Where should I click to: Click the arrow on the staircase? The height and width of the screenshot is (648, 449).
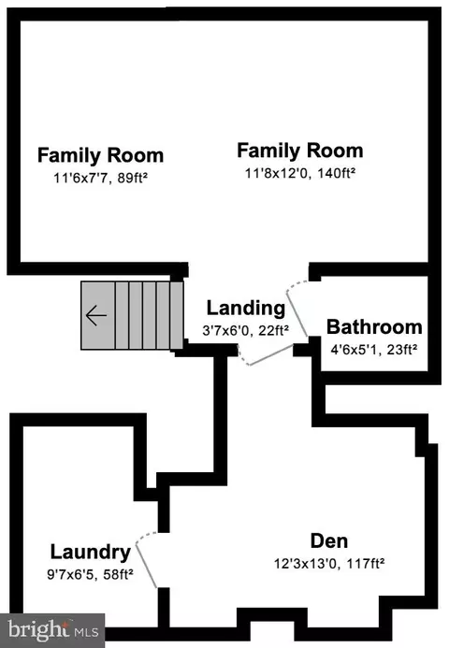(x=96, y=315)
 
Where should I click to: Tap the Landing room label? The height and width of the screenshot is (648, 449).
(x=246, y=309)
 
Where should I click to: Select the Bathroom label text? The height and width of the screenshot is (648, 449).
(x=374, y=327)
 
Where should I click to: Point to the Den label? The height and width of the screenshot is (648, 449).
(x=329, y=541)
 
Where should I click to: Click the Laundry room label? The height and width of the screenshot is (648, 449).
(x=91, y=552)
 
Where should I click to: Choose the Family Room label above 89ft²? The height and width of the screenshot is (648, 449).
(x=100, y=155)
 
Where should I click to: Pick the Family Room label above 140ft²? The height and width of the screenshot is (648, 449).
(x=300, y=151)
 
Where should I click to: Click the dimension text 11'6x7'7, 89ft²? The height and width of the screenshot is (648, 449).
(x=100, y=178)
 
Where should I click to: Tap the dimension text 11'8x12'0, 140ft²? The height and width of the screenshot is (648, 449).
(x=300, y=173)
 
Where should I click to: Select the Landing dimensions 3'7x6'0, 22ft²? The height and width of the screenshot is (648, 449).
(x=246, y=330)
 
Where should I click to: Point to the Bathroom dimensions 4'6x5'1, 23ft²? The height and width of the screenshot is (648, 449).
(x=374, y=350)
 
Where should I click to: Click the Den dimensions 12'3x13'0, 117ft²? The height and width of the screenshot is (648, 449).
(x=329, y=563)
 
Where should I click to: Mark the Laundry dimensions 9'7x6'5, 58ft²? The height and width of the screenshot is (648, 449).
(x=90, y=574)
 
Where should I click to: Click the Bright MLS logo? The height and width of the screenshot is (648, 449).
(x=53, y=630)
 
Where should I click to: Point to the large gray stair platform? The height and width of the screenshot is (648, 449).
(x=98, y=316)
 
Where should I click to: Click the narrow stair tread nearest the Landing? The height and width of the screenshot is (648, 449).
(x=177, y=316)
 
